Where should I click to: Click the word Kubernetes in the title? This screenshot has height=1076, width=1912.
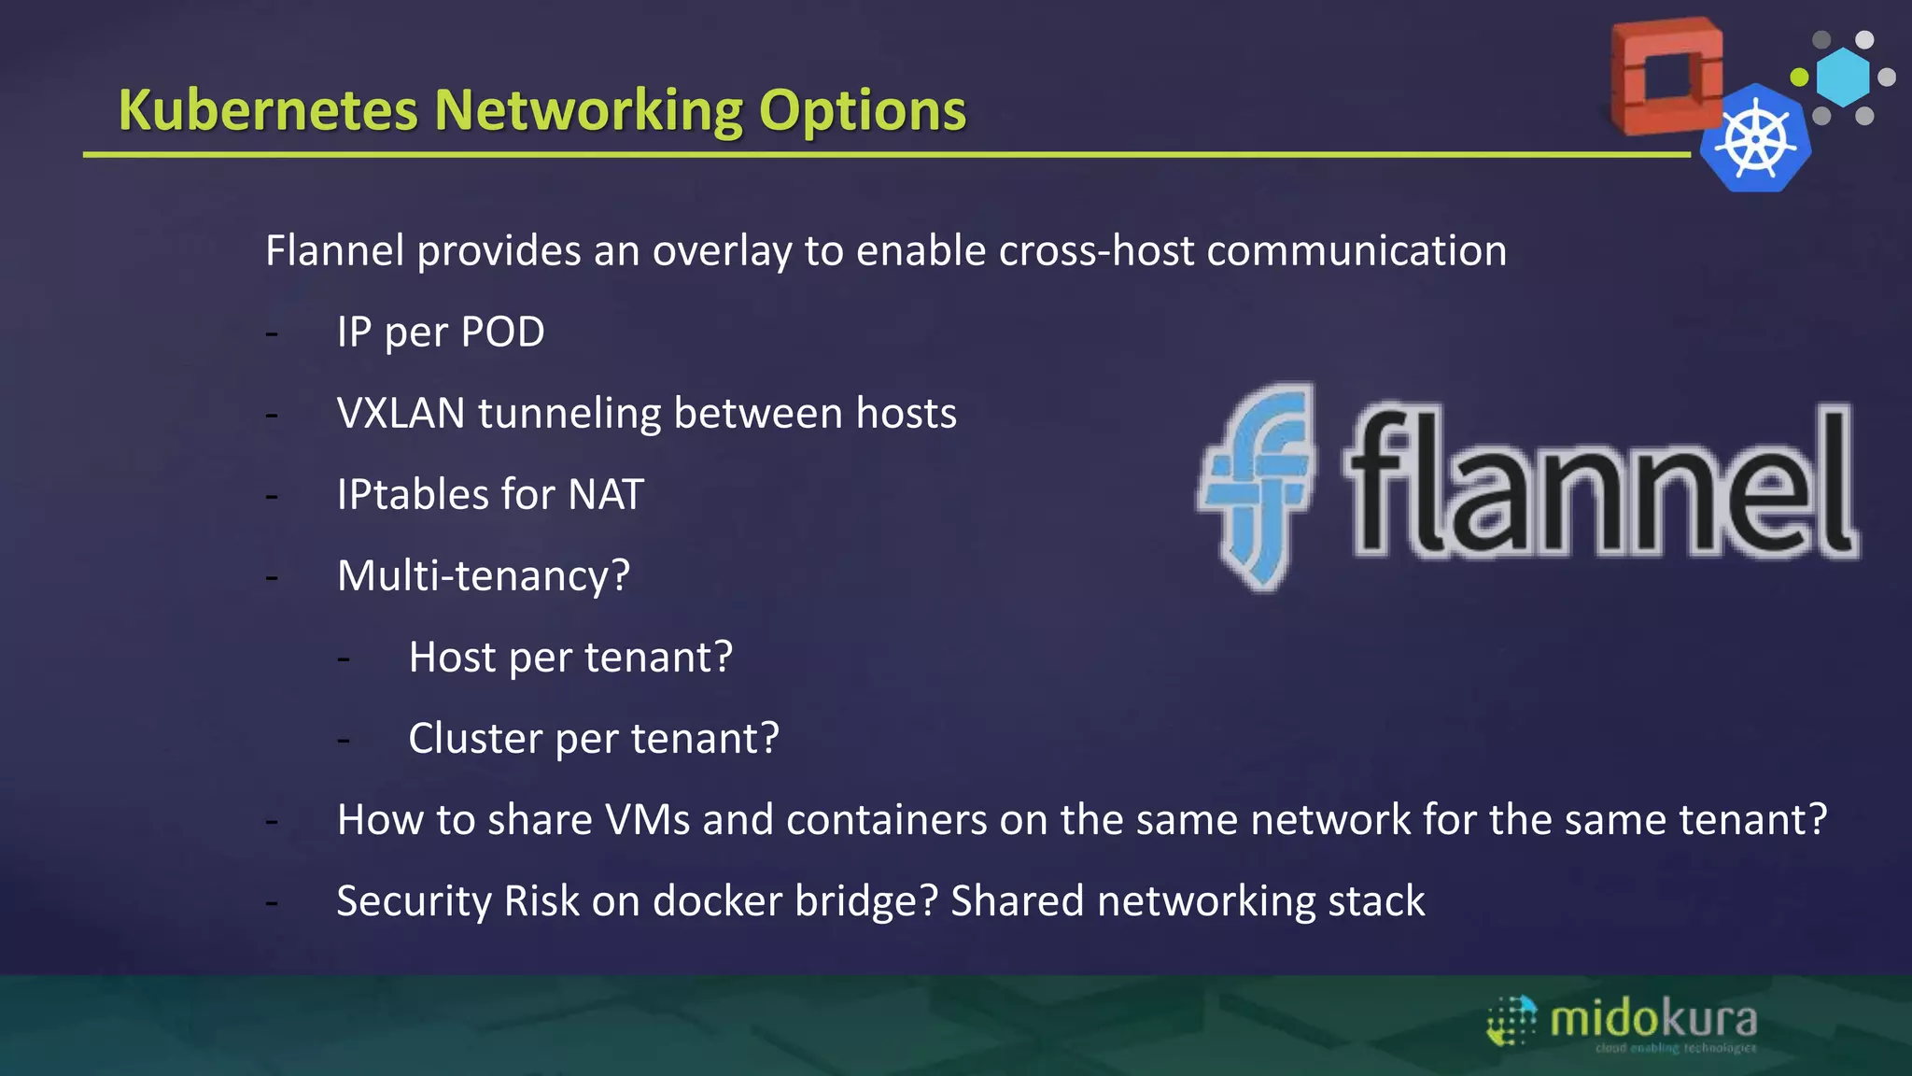point(268,110)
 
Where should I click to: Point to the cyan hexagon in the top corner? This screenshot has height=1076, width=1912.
point(1843,77)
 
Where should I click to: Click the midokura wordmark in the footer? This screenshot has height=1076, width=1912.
point(1652,1019)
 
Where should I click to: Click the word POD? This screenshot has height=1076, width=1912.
point(502,333)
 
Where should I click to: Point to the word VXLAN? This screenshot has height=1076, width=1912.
point(401,414)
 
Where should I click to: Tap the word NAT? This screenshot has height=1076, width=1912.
point(605,495)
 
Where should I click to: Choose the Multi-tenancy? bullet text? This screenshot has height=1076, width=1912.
point(484,575)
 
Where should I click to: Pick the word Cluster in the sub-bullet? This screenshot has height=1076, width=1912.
point(475,739)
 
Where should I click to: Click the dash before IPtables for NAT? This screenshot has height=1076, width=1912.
point(272,496)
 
